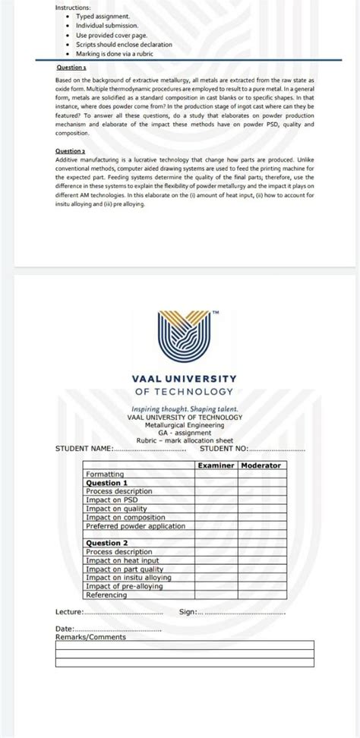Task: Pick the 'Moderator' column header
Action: pyautogui.click(x=261, y=465)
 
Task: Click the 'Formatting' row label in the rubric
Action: pyautogui.click(x=105, y=474)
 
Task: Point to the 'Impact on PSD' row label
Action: pyautogui.click(x=111, y=500)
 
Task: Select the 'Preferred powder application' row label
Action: pyautogui.click(x=135, y=525)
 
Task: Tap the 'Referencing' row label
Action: pyautogui.click(x=107, y=594)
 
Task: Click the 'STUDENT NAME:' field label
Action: pyautogui.click(x=84, y=449)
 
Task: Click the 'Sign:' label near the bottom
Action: pyautogui.click(x=188, y=611)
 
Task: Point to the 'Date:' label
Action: pyautogui.click(x=65, y=629)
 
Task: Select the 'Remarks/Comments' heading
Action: pyautogui.click(x=91, y=637)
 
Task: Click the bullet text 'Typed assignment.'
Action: pyautogui.click(x=103, y=16)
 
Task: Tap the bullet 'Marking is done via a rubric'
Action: pyautogui.click(x=118, y=54)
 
